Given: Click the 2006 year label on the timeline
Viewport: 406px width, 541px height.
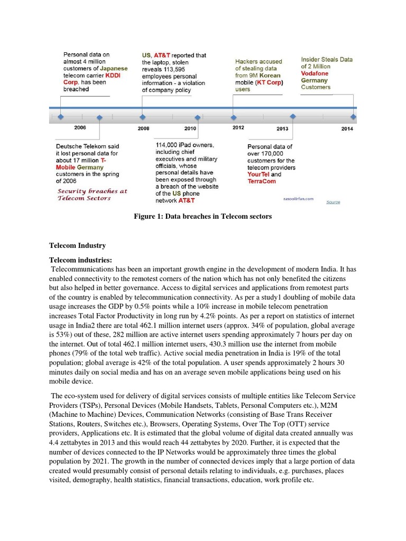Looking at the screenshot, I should point(80,127).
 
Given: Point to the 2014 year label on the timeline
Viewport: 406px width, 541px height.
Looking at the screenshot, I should point(347,128).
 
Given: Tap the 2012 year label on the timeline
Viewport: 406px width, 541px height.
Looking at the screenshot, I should point(238,127).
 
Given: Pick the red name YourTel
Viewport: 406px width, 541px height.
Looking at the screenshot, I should point(259,174).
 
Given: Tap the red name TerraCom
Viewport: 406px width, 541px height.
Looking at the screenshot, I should point(262,181).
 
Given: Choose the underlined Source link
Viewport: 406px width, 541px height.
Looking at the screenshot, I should point(333,202).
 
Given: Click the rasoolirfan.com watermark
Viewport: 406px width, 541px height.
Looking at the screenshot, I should point(299,199).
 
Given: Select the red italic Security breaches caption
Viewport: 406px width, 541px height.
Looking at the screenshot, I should point(92,194).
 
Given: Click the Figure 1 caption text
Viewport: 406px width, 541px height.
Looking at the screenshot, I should point(202,217).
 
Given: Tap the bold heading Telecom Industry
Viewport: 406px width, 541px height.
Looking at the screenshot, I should point(77,246).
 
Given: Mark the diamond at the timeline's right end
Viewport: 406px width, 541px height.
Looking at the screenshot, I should point(353,116).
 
